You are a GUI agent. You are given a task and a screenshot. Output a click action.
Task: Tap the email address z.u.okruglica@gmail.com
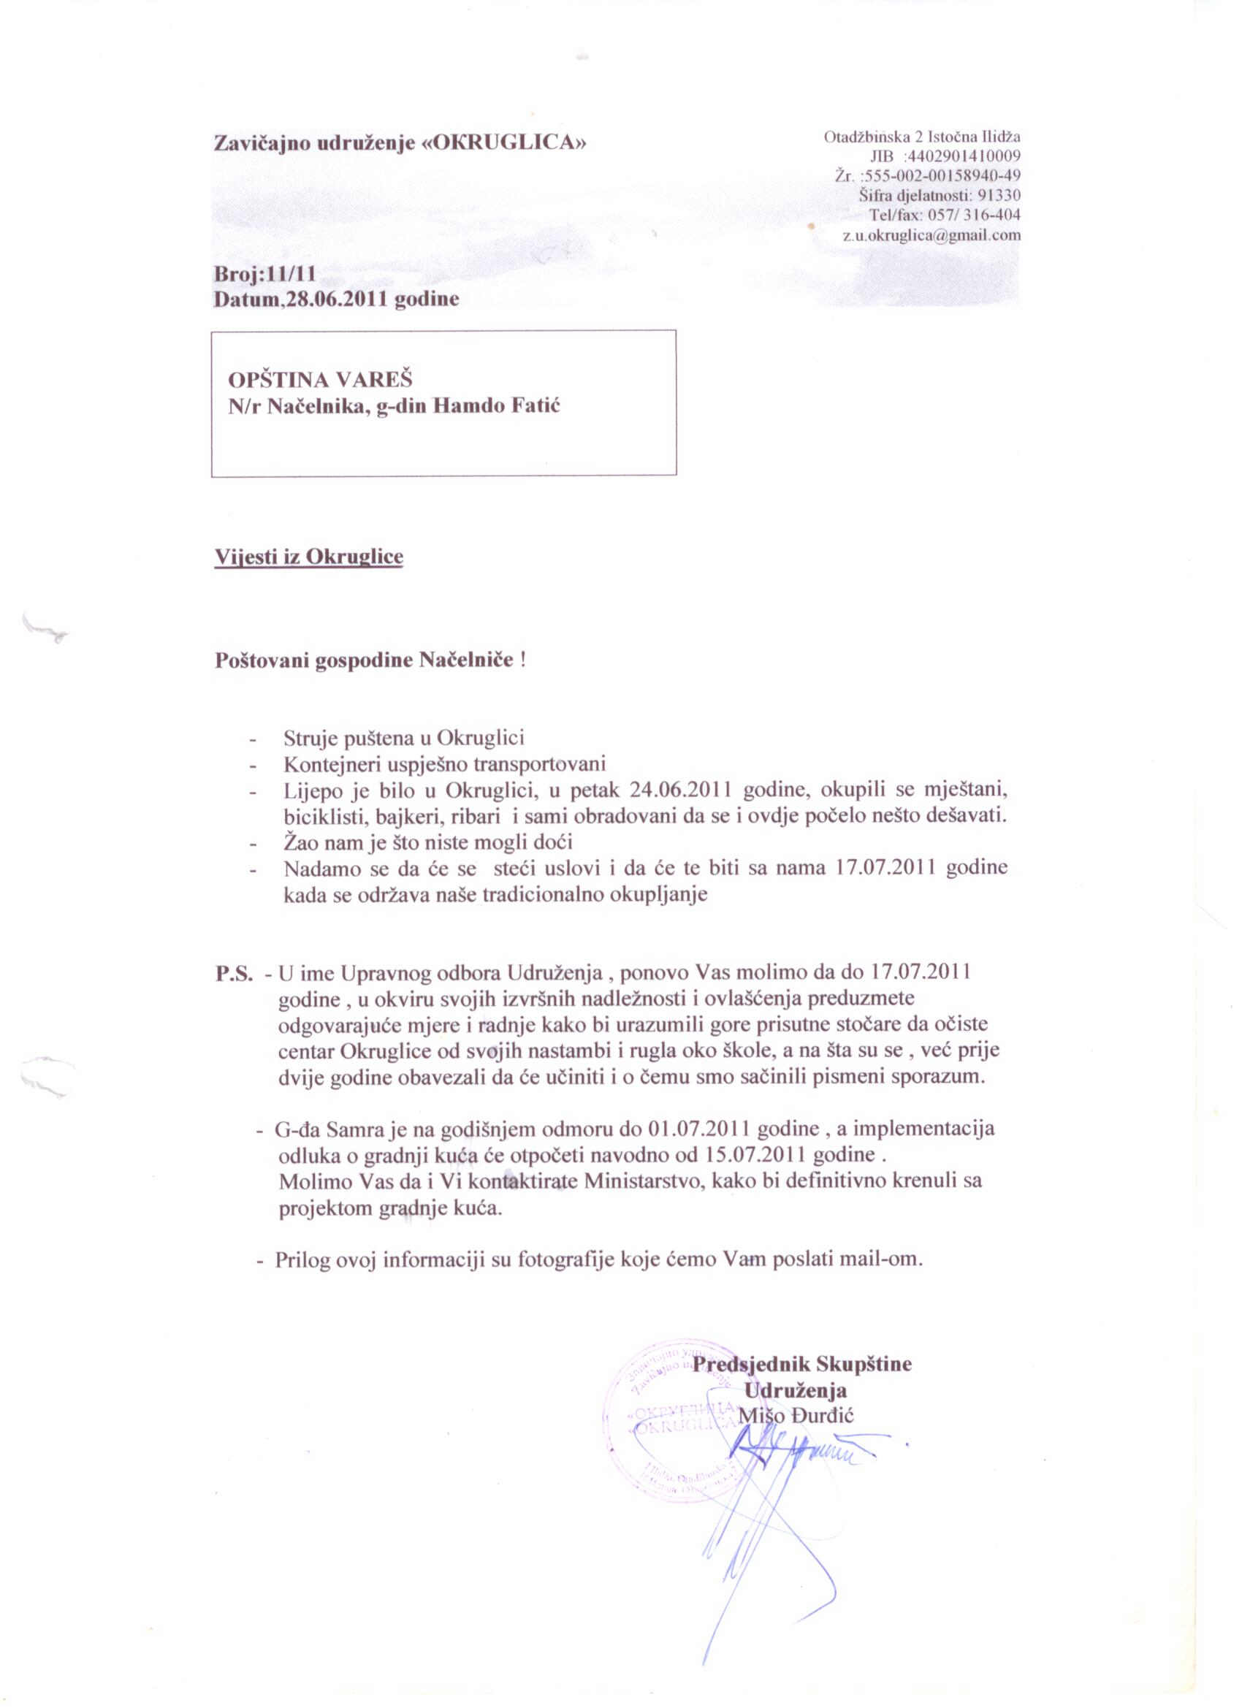931,235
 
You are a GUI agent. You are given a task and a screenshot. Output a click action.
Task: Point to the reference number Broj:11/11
265,274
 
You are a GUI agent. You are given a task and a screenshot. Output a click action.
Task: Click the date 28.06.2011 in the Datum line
338,300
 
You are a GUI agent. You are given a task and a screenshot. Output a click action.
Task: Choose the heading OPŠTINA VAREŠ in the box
320,379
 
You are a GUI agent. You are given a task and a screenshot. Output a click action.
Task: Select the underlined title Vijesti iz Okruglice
309,557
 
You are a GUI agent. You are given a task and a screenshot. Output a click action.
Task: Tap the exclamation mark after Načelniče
522,660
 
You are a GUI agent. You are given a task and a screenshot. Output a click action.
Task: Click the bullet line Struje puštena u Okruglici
404,737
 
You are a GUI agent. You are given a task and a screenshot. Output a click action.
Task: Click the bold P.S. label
235,973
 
